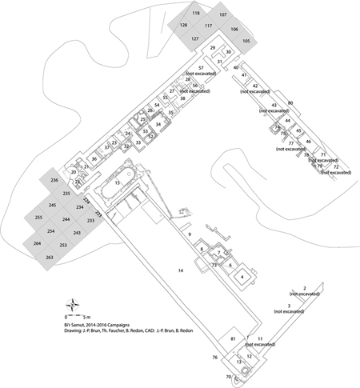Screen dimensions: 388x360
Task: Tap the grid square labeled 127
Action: pos(194,38)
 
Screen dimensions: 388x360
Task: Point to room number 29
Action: pos(213,49)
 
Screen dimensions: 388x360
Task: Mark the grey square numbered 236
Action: pos(55,182)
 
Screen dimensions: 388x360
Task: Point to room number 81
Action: pos(233,340)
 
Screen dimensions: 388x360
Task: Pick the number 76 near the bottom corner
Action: pos(214,357)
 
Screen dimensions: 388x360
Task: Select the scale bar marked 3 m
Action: pos(80,314)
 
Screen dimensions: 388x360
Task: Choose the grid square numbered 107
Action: pos(222,15)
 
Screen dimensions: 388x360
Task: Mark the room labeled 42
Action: pos(255,86)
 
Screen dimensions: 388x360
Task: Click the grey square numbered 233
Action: pos(90,220)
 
